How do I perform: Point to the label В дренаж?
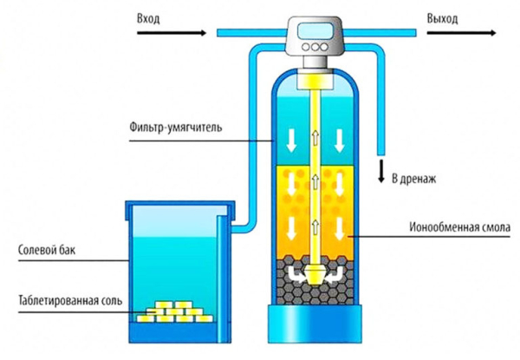[x=415, y=180]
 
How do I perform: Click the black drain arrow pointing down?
[x=380, y=171]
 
